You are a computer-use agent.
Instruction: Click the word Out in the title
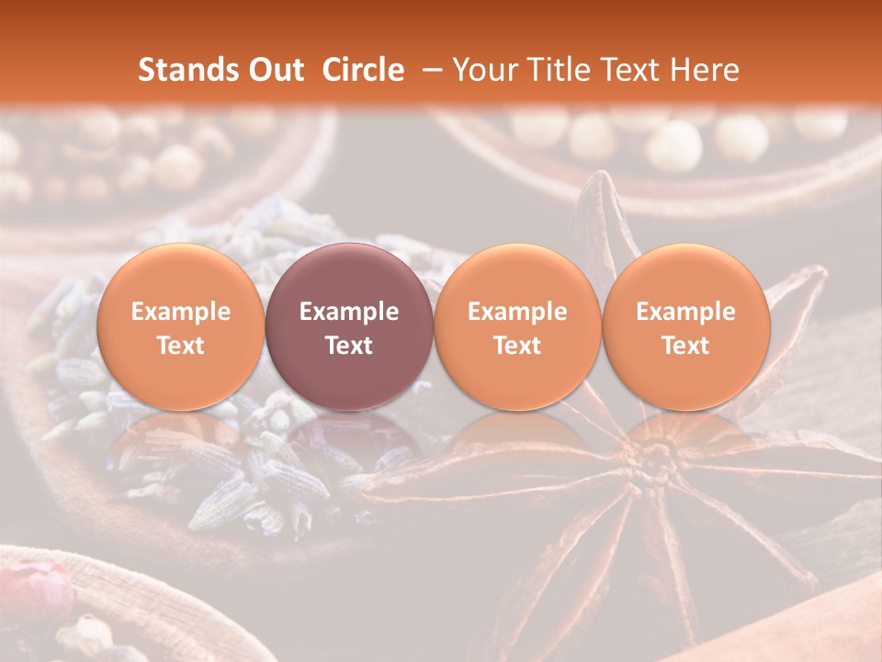pyautogui.click(x=277, y=70)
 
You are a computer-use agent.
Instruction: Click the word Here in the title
pyautogui.click(x=706, y=70)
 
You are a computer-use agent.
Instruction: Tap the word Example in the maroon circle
pyautogui.click(x=349, y=312)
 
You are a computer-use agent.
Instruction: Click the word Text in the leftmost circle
pyautogui.click(x=180, y=346)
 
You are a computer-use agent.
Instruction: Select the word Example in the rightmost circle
pyautogui.click(x=686, y=312)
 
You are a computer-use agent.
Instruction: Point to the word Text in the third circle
pyautogui.click(x=517, y=346)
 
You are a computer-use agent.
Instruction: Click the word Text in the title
pyautogui.click(x=634, y=70)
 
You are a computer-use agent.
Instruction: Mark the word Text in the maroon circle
pyautogui.click(x=349, y=346)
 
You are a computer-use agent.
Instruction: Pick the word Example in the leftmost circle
pyautogui.click(x=180, y=312)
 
